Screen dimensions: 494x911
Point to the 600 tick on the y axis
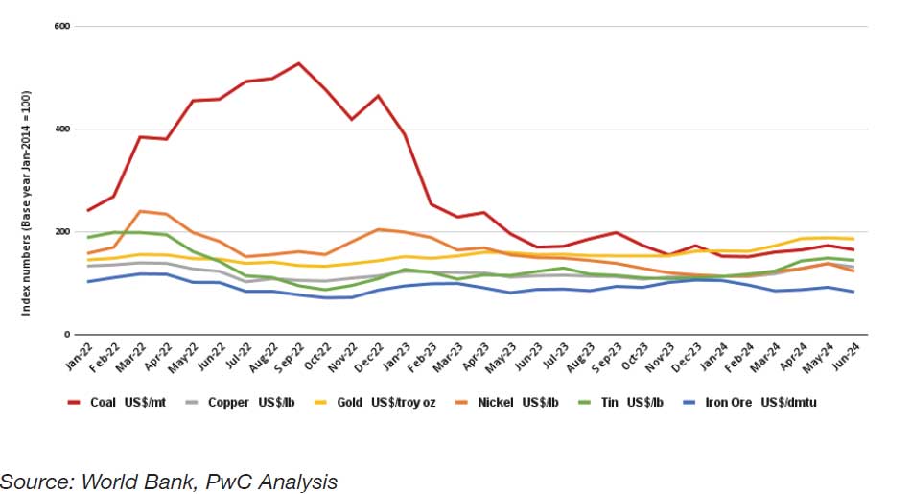coord(63,26)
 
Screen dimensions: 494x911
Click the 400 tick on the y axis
coord(63,129)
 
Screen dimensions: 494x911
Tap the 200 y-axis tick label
coord(63,232)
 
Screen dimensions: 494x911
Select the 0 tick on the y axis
coord(68,335)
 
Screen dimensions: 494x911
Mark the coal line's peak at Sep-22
coord(299,63)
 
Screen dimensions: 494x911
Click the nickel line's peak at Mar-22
coord(141,211)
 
